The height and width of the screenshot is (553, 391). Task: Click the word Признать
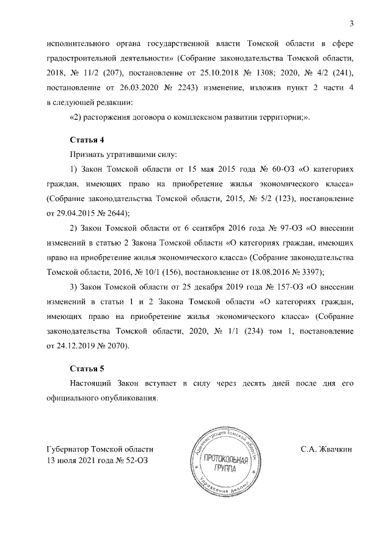click(89, 155)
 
